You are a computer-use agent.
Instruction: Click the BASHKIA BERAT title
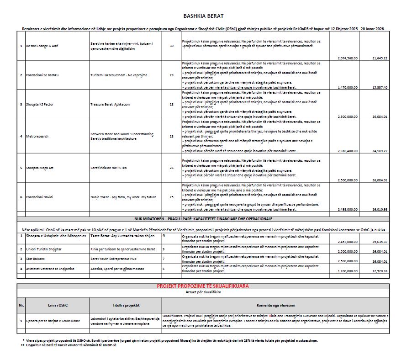(x=203, y=16)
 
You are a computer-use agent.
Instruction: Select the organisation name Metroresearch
(x=37, y=136)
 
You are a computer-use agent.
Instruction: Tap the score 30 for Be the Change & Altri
(x=171, y=46)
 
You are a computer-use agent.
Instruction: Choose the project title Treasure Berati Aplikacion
(x=110, y=104)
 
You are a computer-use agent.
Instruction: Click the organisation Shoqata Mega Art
(x=40, y=168)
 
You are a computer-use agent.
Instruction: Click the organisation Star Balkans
(x=36, y=258)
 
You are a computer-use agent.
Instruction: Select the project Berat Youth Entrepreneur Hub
(x=111, y=258)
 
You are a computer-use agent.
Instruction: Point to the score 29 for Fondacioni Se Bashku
(x=171, y=74)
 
